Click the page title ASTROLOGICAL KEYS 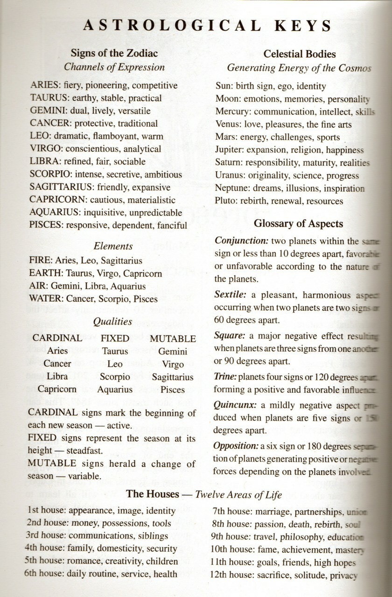[x=207, y=25]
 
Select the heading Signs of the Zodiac [x=114, y=53]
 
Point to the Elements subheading [x=113, y=246]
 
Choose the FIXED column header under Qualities [x=115, y=338]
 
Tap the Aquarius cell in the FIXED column [x=115, y=389]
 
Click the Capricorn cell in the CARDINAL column [x=57, y=389]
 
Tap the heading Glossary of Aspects [x=298, y=224]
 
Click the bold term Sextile [x=229, y=295]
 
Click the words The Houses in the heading [x=153, y=494]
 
